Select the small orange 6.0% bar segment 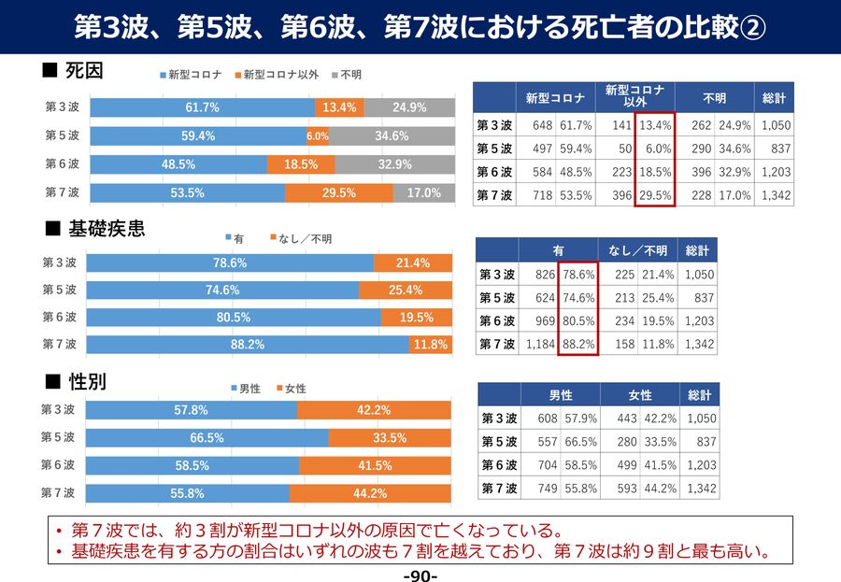click(x=318, y=135)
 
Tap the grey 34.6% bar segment click(x=391, y=135)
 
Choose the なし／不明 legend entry click(x=299, y=238)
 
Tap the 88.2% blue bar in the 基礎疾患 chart click(x=248, y=345)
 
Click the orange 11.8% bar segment click(x=431, y=345)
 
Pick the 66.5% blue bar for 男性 click(x=206, y=437)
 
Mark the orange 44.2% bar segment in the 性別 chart click(x=370, y=493)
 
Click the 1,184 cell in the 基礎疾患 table click(x=540, y=345)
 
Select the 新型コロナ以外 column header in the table click(x=634, y=96)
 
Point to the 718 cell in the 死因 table click(x=542, y=195)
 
